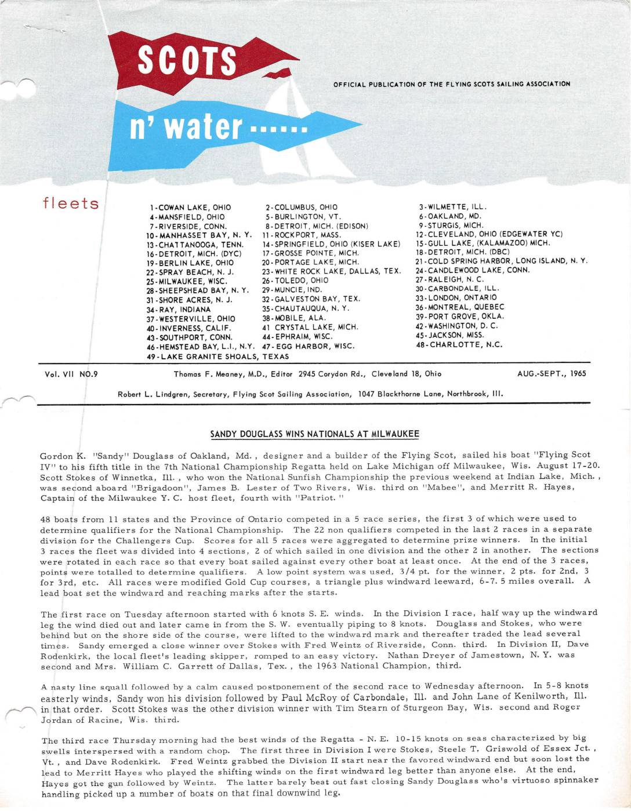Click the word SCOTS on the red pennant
click(187, 60)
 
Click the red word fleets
click(70, 203)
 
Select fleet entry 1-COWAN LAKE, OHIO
click(190, 208)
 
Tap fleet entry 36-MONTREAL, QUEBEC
click(460, 307)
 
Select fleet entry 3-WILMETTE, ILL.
click(452, 206)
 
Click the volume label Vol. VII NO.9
click(71, 374)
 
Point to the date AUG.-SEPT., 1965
click(552, 374)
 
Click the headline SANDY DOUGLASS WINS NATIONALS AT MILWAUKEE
click(314, 434)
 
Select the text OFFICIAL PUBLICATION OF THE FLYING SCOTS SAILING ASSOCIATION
click(452, 84)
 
